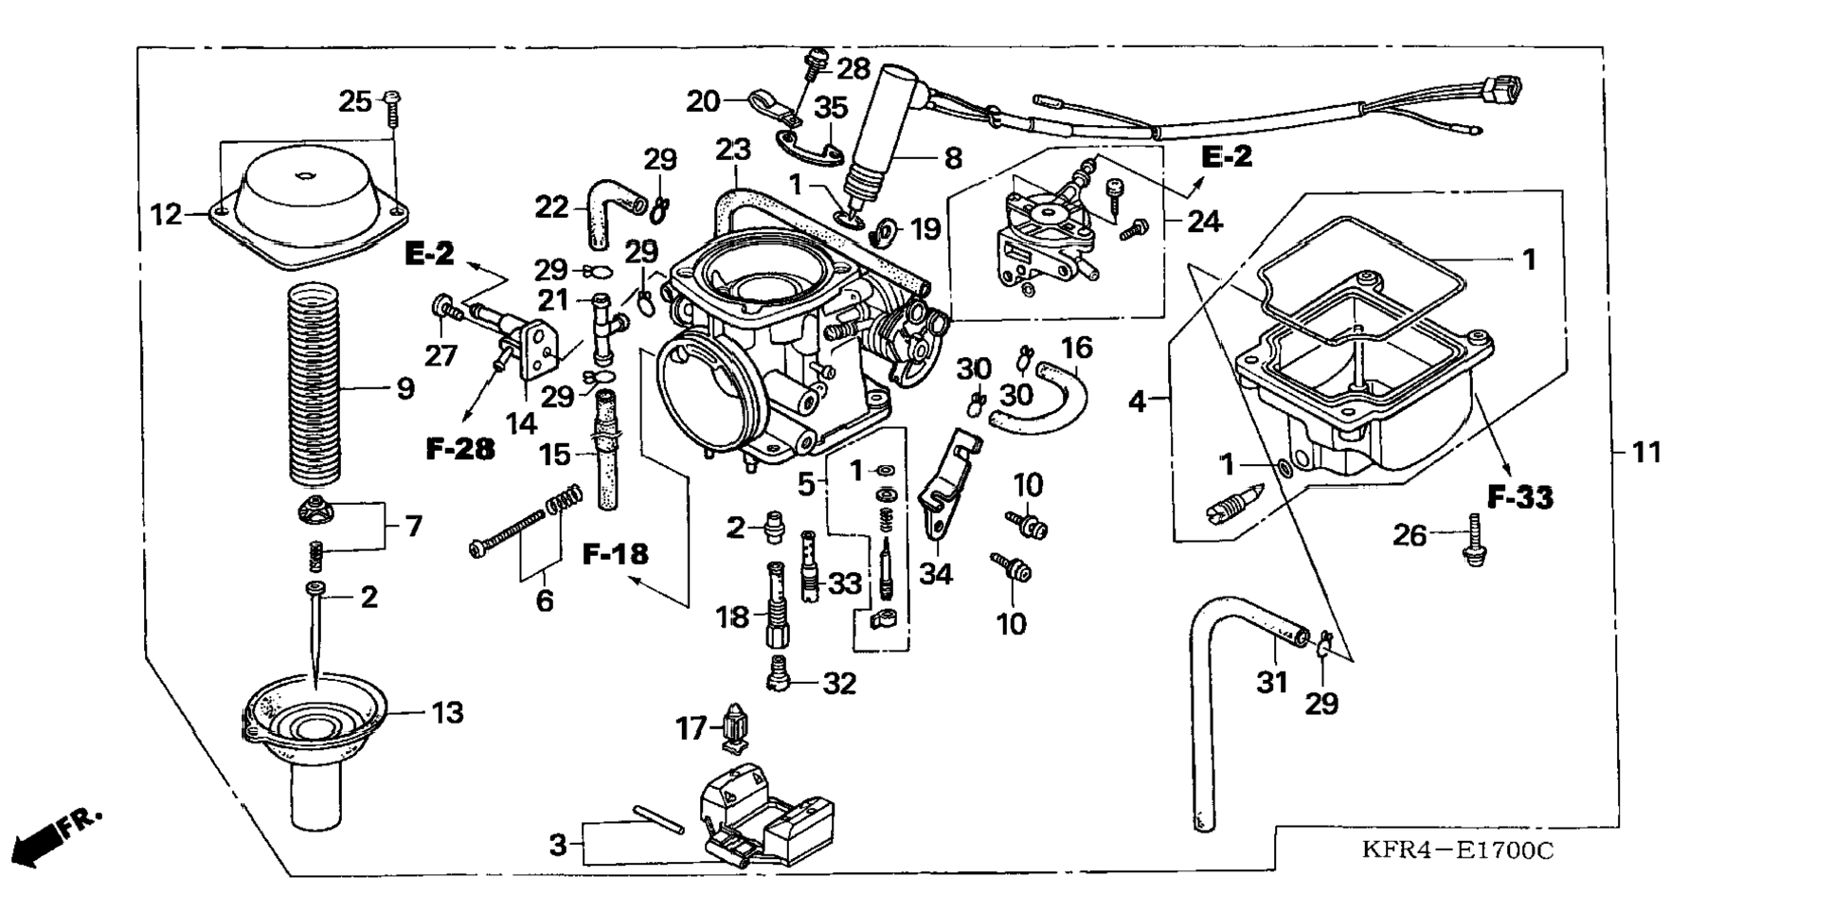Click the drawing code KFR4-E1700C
click(x=1457, y=850)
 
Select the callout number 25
click(x=356, y=101)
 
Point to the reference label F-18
click(x=616, y=553)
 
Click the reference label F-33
click(x=1520, y=497)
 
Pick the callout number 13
click(x=448, y=712)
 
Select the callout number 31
click(x=1272, y=682)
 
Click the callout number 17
click(x=691, y=728)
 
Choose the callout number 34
click(x=936, y=574)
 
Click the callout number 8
click(x=953, y=158)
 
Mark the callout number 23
click(x=733, y=150)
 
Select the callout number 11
click(x=1646, y=453)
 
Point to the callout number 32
click(x=839, y=683)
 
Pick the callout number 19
click(x=925, y=229)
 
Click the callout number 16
click(x=1076, y=348)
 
